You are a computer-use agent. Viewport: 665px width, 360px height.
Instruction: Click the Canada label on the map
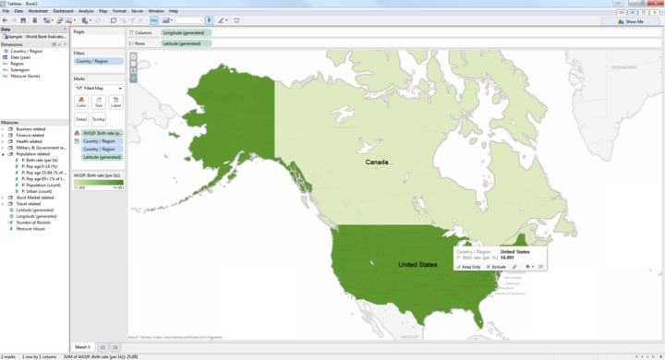tap(377, 162)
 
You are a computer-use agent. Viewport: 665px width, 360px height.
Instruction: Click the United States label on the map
tap(417, 265)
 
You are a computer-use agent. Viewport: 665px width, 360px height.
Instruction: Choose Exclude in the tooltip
tap(496, 267)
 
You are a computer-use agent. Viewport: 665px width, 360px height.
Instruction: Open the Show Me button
tap(633, 21)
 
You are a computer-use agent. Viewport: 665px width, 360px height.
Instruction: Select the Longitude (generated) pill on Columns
tap(186, 32)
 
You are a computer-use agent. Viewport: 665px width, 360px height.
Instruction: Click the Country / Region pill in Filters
tap(92, 61)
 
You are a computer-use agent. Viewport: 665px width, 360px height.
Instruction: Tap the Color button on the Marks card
tap(81, 102)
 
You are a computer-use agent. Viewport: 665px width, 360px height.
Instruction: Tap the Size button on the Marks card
tap(99, 102)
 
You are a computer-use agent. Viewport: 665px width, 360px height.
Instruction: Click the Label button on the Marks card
tap(115, 102)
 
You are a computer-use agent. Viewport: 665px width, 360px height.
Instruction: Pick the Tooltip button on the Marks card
tap(98, 119)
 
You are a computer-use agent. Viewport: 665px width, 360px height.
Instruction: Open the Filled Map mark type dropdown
tap(99, 89)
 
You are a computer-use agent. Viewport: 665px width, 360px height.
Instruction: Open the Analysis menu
tap(86, 11)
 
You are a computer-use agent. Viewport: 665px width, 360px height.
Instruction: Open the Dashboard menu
tap(63, 11)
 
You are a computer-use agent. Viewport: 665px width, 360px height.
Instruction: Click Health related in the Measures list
tap(30, 141)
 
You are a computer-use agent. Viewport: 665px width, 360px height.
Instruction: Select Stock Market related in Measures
tap(35, 198)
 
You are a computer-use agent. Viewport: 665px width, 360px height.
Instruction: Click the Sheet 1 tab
tap(82, 347)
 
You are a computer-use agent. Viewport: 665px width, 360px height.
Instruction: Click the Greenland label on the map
tap(623, 67)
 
